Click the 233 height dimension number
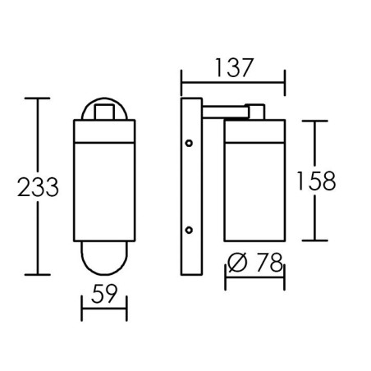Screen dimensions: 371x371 click(x=38, y=187)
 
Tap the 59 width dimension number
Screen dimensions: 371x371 click(x=104, y=294)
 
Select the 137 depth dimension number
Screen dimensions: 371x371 click(x=233, y=67)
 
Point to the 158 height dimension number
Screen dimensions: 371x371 click(x=316, y=181)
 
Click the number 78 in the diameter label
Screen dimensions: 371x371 click(x=269, y=263)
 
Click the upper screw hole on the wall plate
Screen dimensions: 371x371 click(x=189, y=143)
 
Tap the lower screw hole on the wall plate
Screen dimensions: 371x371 click(x=189, y=230)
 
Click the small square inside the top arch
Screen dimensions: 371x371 click(x=104, y=112)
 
